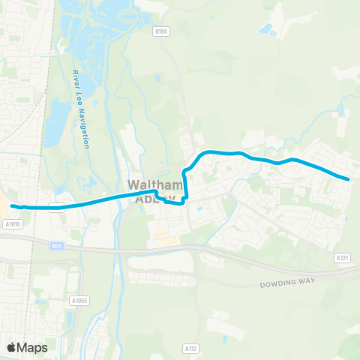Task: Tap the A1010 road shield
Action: (11, 223)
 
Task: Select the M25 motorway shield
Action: (58, 245)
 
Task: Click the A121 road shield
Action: (343, 257)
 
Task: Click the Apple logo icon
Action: (11, 347)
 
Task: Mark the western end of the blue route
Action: (11, 205)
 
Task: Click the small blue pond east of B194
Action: (266, 30)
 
